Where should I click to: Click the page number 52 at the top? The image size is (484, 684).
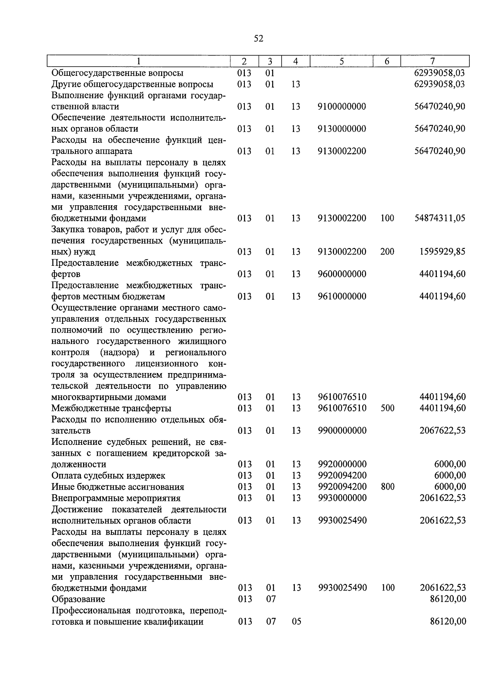pyautogui.click(x=259, y=39)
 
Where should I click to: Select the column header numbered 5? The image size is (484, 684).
pyautogui.click(x=342, y=61)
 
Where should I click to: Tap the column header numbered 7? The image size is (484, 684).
pyautogui.click(x=432, y=61)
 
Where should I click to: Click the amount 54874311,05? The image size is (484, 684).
pyautogui.click(x=440, y=218)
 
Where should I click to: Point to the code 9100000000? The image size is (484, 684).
pyautogui.click(x=342, y=106)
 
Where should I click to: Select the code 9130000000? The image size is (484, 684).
pyautogui.click(x=342, y=129)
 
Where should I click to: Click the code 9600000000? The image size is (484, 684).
pyautogui.click(x=342, y=274)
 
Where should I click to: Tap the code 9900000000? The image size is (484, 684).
pyautogui.click(x=342, y=431)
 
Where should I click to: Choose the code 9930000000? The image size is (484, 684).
pyautogui.click(x=342, y=498)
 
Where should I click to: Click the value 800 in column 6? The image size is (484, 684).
pyautogui.click(x=388, y=487)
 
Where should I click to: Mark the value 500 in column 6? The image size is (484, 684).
pyautogui.click(x=388, y=408)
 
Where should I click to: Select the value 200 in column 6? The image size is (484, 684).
pyautogui.click(x=387, y=252)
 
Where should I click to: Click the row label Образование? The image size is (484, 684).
pyautogui.click(x=78, y=599)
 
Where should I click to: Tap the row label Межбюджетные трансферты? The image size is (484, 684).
pyautogui.click(x=111, y=408)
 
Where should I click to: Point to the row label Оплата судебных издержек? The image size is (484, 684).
pyautogui.click(x=108, y=475)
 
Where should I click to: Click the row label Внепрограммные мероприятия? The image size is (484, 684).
pyautogui.click(x=116, y=498)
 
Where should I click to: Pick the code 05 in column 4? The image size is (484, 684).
pyautogui.click(x=296, y=621)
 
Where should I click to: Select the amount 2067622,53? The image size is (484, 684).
pyautogui.click(x=442, y=431)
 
